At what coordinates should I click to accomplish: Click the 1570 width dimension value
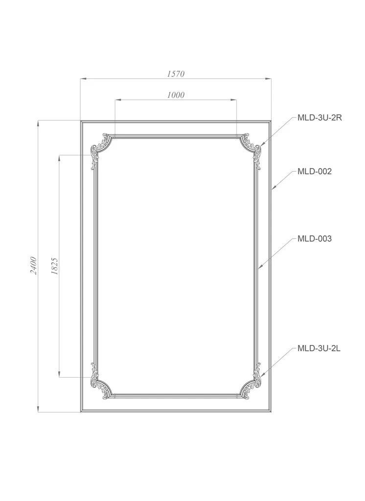coord(176,74)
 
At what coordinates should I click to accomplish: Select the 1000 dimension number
coord(176,95)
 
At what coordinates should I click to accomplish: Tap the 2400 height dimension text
coord(34,266)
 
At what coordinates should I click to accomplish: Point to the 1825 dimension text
coord(54,266)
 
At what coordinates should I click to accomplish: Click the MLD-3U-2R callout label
coord(319,117)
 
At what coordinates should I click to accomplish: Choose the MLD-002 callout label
coord(315,171)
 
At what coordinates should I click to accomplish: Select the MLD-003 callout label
coord(315,238)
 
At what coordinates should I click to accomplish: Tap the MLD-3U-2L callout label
coord(319,348)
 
